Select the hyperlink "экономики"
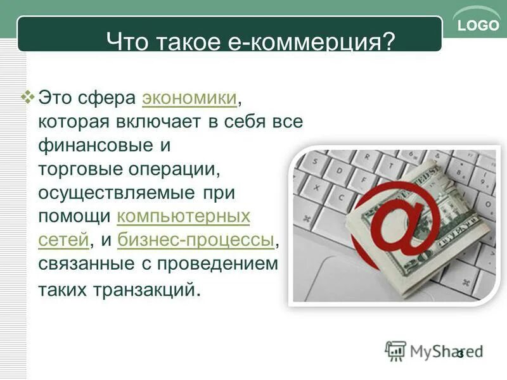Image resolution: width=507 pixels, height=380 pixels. click(x=189, y=98)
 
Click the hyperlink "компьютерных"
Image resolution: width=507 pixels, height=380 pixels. click(x=184, y=217)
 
